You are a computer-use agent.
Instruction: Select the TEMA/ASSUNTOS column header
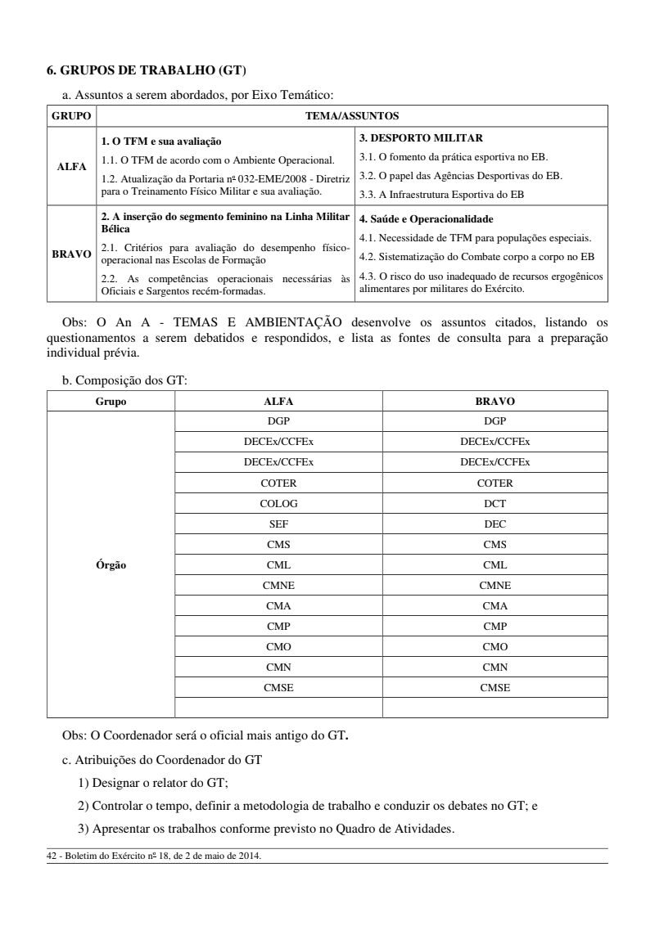(x=351, y=115)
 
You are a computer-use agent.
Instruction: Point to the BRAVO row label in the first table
(x=71, y=254)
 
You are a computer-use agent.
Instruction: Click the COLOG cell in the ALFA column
(x=278, y=503)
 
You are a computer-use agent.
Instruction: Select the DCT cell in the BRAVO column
(x=495, y=503)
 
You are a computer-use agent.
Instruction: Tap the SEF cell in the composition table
(x=278, y=524)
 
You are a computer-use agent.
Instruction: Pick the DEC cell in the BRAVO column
(x=495, y=524)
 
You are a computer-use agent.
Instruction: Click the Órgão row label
(x=110, y=564)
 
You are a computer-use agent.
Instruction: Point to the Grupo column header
(x=110, y=401)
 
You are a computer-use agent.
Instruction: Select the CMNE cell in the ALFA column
(x=278, y=585)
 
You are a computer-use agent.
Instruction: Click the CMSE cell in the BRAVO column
(x=495, y=688)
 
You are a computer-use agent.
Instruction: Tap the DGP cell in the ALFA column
(x=278, y=420)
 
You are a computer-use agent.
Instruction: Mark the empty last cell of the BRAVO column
(x=495, y=708)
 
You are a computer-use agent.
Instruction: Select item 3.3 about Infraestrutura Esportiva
(x=441, y=194)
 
